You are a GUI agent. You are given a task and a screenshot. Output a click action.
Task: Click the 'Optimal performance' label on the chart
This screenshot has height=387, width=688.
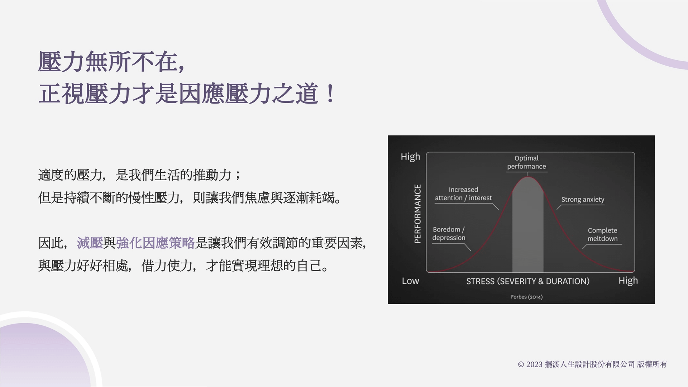pyautogui.click(x=526, y=162)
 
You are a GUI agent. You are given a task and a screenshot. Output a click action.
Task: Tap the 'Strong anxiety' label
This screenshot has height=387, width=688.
pyautogui.click(x=583, y=200)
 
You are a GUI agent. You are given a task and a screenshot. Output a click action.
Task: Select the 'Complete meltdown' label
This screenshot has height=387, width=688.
pyautogui.click(x=602, y=235)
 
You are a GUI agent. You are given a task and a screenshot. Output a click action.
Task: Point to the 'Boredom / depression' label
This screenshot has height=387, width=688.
pyautogui.click(x=449, y=234)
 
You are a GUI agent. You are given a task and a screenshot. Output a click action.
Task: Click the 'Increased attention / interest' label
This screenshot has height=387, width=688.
pyautogui.click(x=463, y=194)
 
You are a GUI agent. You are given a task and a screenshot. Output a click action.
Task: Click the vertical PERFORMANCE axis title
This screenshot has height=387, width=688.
pyautogui.click(x=417, y=214)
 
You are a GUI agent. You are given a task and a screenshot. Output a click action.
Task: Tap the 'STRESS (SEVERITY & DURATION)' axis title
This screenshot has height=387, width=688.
pyautogui.click(x=528, y=281)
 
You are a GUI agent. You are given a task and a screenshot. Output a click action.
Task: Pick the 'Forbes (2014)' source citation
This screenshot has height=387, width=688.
pyautogui.click(x=527, y=297)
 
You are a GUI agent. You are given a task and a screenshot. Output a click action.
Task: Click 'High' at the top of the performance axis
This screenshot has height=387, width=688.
pyautogui.click(x=410, y=157)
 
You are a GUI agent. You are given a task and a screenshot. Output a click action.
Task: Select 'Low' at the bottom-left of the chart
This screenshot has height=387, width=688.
pyautogui.click(x=410, y=281)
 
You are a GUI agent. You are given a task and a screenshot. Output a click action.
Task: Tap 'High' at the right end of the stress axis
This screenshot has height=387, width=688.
pyautogui.click(x=628, y=281)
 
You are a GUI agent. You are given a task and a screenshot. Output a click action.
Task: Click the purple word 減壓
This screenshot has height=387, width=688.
pyautogui.click(x=90, y=243)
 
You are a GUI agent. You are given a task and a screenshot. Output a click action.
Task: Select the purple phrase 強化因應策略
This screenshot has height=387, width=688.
pyautogui.click(x=155, y=243)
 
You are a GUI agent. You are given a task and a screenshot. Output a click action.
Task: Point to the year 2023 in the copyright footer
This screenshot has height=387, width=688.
pyautogui.click(x=534, y=364)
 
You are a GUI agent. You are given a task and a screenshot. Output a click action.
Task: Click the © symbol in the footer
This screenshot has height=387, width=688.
pyautogui.click(x=521, y=365)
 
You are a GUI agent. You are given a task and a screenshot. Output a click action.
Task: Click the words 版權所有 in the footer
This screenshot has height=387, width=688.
pyautogui.click(x=652, y=364)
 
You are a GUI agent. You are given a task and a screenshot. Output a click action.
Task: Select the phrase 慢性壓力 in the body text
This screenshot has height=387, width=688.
pyautogui.click(x=154, y=197)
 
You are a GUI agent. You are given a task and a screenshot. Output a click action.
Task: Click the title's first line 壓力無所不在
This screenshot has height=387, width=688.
pyautogui.click(x=108, y=62)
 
